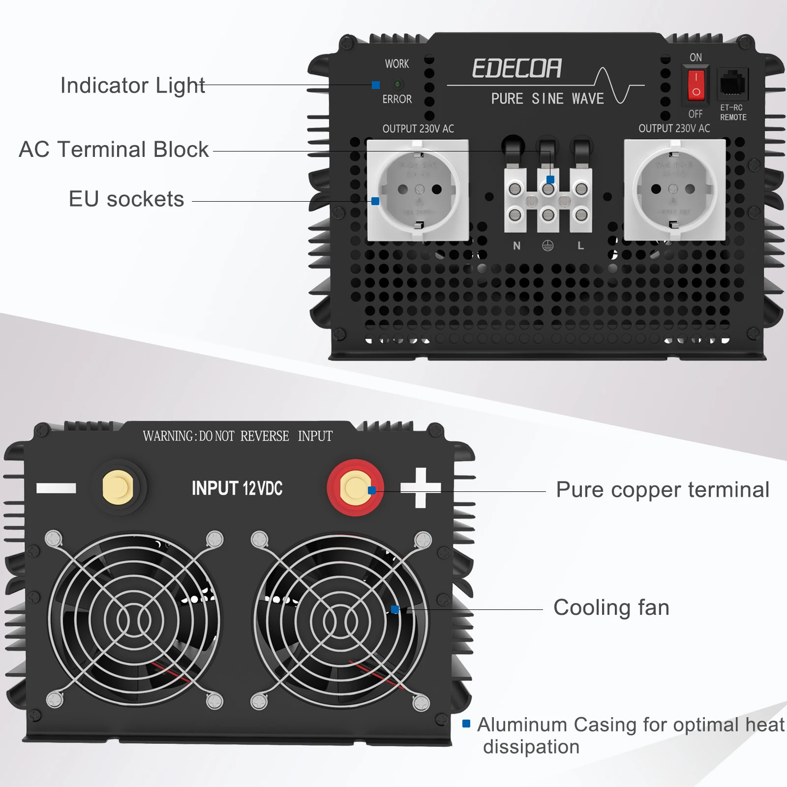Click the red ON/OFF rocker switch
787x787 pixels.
[696, 85]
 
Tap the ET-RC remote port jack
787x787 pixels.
[733, 84]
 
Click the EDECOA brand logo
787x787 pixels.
[516, 68]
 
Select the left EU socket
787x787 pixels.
[418, 190]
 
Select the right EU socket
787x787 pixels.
[674, 190]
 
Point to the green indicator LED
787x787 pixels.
[398, 85]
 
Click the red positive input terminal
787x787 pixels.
[355, 487]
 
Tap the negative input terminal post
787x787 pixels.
[118, 487]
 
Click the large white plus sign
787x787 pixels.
[420, 487]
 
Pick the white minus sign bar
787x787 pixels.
[56, 488]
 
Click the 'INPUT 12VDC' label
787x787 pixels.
[237, 488]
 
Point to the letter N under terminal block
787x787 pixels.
[516, 246]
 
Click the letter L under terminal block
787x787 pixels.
[581, 246]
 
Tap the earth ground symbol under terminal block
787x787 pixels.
[547, 246]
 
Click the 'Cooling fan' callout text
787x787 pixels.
[611, 607]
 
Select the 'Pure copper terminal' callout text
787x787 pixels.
[662, 490]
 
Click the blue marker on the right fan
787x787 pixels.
[394, 609]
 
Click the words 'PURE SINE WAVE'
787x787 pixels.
[547, 99]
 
